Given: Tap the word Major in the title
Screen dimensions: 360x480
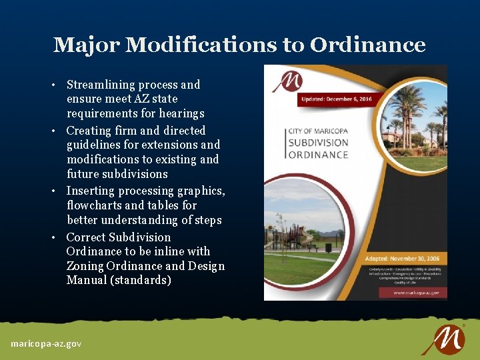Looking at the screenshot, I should pyautogui.click(x=86, y=45).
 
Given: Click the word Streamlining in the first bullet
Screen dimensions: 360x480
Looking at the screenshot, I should pyautogui.click(x=102, y=85).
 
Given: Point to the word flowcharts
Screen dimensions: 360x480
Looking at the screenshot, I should pyautogui.click(x=94, y=205).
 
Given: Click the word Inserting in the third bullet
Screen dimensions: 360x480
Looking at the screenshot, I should pyautogui.click(x=92, y=191).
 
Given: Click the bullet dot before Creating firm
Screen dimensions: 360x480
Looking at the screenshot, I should pyautogui.click(x=58, y=131).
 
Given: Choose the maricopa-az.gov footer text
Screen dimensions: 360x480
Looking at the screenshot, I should pyautogui.click(x=46, y=343).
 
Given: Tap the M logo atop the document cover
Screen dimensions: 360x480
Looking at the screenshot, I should pyautogui.click(x=287, y=81).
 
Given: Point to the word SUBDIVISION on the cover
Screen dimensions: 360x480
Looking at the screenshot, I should pyautogui.click(x=319, y=142).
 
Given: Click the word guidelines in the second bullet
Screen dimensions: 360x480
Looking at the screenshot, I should pyautogui.click(x=95, y=145).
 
